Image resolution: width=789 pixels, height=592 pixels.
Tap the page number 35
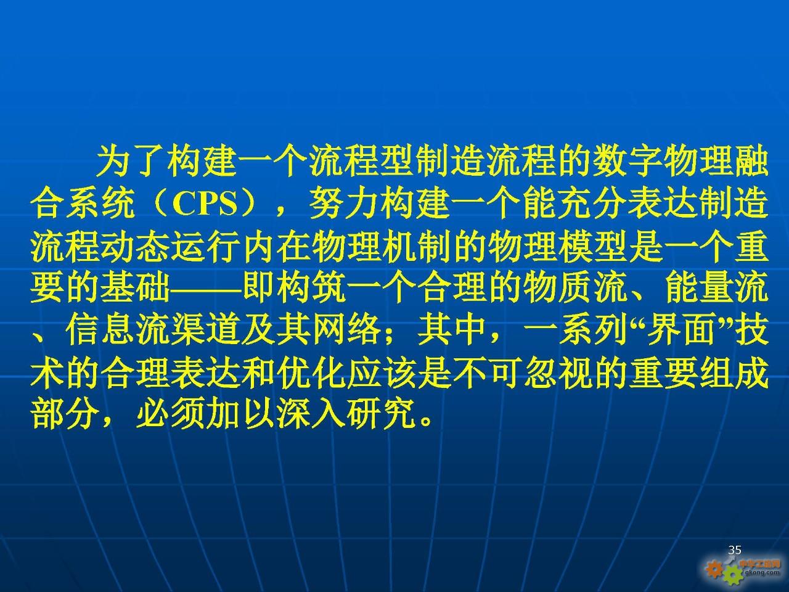[x=735, y=549]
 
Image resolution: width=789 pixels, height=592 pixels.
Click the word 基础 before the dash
[x=135, y=289]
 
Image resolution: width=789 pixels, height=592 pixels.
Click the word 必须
[x=170, y=414]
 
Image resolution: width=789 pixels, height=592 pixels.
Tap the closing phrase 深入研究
[x=346, y=414]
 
